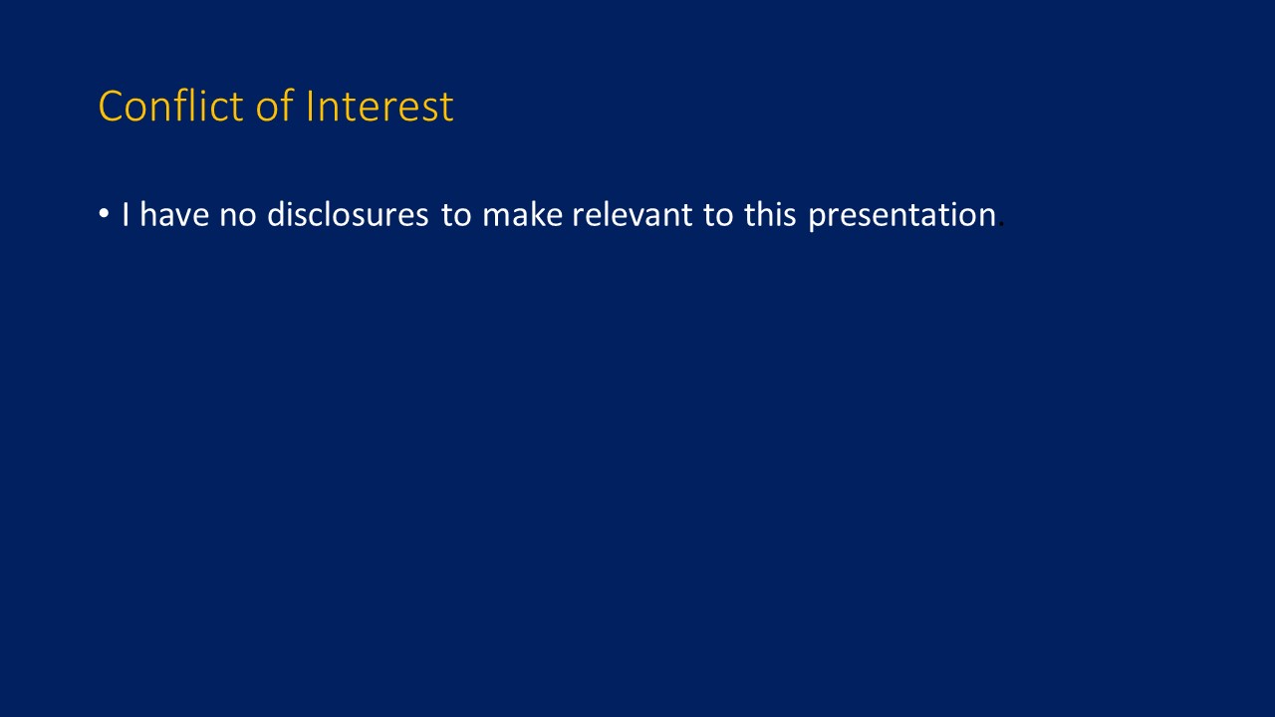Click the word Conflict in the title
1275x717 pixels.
coord(170,106)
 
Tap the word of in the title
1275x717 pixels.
coord(274,106)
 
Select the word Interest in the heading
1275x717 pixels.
coord(380,107)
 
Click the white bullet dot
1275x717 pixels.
coord(104,214)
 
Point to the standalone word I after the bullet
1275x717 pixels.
coord(126,214)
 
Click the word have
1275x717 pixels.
coord(174,214)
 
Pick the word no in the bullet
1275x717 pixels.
coord(238,217)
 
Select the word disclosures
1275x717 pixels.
coord(348,214)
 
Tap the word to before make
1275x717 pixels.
coord(456,216)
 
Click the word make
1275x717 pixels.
coord(523,214)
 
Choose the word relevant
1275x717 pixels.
coord(632,214)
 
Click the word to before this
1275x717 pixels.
coord(718,216)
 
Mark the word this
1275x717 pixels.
coord(770,214)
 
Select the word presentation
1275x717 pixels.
coord(902,216)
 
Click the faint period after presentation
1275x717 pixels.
coord(1001,225)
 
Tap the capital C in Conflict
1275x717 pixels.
coord(114,107)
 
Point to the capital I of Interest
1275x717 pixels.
coord(309,107)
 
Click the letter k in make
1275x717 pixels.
coord(536,214)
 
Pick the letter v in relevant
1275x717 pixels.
coord(632,217)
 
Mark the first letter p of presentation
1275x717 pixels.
coord(818,219)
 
